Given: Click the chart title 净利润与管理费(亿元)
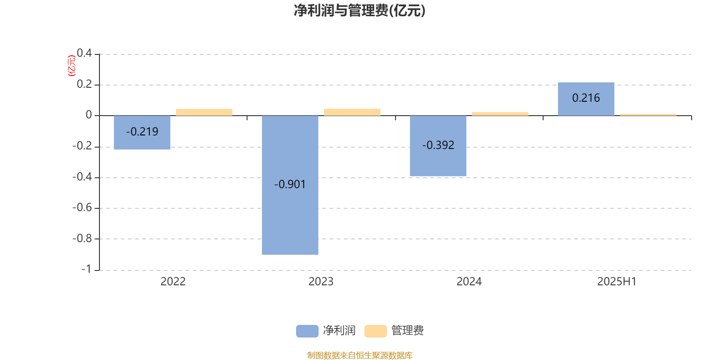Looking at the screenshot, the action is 360,11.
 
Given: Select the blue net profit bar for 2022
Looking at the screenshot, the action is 142,132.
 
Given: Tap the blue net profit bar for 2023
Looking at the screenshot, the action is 290,185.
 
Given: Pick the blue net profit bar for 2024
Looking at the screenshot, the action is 438,146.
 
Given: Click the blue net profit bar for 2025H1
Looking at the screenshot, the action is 586,99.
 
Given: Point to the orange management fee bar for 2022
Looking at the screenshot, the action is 204,112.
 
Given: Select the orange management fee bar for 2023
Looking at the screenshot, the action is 352,112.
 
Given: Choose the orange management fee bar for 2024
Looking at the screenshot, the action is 500,114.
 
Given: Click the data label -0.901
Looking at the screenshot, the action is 290,184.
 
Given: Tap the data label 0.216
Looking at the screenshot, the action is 586,98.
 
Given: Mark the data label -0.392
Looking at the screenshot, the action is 438,145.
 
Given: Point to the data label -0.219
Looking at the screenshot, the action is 142,131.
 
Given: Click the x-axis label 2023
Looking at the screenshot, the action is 321,282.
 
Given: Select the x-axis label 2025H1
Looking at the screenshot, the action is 617,282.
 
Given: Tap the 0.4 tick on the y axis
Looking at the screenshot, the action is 84,53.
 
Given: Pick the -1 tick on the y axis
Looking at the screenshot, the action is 86,269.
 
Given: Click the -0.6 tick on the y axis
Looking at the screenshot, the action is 82,207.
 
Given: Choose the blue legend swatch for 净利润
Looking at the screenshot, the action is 307,331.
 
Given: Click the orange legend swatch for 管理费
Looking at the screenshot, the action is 375,331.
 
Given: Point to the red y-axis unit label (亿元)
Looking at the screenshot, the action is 72,66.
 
